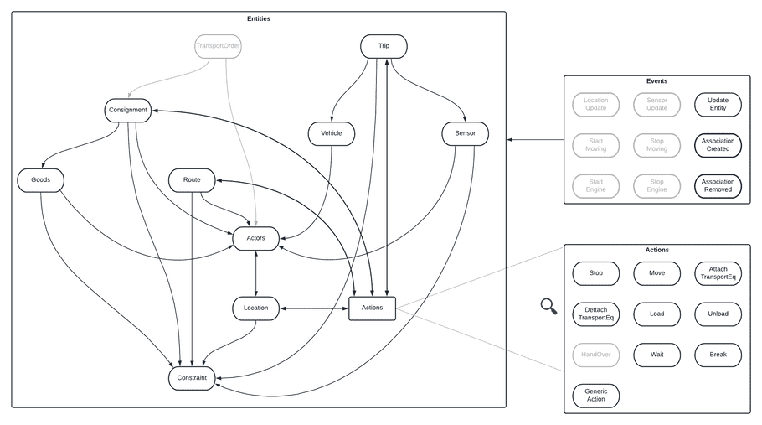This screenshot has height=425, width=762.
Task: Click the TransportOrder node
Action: click(x=218, y=45)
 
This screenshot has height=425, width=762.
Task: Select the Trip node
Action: click(x=384, y=45)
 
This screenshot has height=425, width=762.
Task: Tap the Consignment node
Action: click(x=128, y=110)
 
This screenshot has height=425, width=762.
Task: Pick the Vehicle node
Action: click(x=331, y=132)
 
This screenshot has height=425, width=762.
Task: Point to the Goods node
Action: click(x=40, y=179)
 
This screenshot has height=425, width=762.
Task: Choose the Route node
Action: click(x=192, y=179)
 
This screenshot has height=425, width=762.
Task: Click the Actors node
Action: click(x=255, y=238)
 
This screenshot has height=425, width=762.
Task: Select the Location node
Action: click(x=255, y=308)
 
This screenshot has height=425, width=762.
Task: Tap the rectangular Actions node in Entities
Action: click(x=372, y=308)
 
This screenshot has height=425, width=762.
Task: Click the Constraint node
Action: click(x=192, y=378)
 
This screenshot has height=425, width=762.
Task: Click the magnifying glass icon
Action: click(x=548, y=307)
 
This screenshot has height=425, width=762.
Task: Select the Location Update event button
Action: click(x=595, y=105)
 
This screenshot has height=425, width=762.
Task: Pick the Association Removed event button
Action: click(x=718, y=185)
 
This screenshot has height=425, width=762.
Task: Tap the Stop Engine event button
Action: click(x=656, y=185)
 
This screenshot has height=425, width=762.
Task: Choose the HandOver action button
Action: click(x=595, y=355)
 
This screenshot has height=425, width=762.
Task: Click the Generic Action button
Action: click(x=595, y=396)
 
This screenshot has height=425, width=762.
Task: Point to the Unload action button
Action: click(x=718, y=314)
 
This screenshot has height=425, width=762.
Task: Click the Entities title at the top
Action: click(x=259, y=18)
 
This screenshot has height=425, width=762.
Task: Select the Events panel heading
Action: click(x=656, y=81)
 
